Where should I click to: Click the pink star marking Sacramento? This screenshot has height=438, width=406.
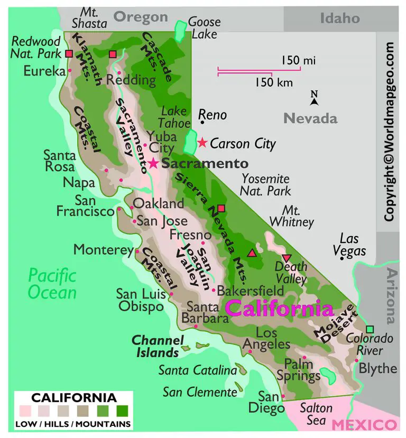[153, 163]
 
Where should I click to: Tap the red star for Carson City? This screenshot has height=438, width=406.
[202, 143]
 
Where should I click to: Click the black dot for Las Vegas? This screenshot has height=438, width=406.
[343, 258]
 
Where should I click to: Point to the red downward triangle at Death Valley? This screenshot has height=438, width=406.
[286, 258]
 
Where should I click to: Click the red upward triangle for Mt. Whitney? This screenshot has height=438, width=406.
[252, 253]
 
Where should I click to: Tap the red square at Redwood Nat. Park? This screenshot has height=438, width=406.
[69, 53]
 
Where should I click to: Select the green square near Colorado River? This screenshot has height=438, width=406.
[370, 329]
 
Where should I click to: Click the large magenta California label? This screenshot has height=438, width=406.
[280, 309]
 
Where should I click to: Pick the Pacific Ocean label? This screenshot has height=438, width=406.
[52, 284]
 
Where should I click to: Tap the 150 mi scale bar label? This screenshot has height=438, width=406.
[298, 61]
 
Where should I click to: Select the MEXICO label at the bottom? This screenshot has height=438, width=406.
[364, 425]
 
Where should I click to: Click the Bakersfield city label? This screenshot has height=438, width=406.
[251, 291]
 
